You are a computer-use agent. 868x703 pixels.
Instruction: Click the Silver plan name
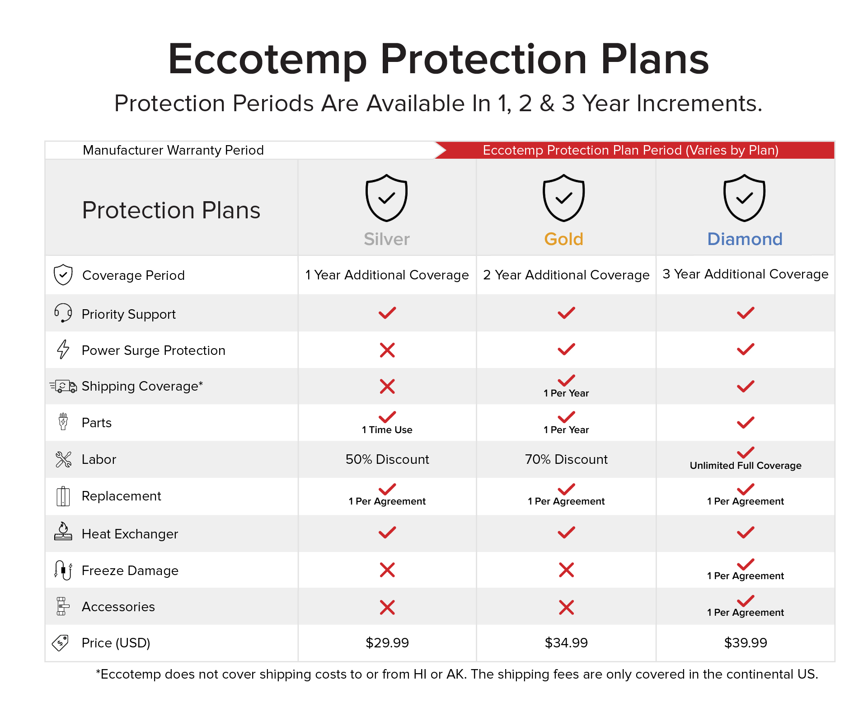click(387, 239)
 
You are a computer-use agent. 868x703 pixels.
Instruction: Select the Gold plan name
click(564, 239)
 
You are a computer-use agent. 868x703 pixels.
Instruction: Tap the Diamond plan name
click(745, 239)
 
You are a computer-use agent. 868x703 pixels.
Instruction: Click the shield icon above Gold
click(564, 198)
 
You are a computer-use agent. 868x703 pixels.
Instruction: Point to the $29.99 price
click(387, 642)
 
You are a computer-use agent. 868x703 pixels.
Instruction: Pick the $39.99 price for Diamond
click(746, 642)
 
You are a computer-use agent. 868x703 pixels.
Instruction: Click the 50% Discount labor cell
click(387, 459)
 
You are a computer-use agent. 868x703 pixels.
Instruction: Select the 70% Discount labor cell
click(566, 459)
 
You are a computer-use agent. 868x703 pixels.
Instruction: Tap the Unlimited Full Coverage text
click(746, 466)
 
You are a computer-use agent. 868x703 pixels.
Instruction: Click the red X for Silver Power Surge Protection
click(387, 350)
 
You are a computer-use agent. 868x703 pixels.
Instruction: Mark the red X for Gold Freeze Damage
click(566, 570)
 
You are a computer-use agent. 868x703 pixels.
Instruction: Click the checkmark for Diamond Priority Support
click(746, 313)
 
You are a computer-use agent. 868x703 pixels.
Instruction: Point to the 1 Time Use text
click(387, 430)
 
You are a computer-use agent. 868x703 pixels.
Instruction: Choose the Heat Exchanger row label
click(130, 534)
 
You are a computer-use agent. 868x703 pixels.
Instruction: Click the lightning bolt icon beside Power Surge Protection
click(63, 349)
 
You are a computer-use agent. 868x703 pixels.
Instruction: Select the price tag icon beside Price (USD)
click(61, 642)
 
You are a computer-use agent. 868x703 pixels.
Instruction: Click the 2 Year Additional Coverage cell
click(566, 275)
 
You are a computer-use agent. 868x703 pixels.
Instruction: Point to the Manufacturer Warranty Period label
click(173, 150)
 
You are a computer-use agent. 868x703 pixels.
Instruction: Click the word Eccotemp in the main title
click(267, 59)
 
